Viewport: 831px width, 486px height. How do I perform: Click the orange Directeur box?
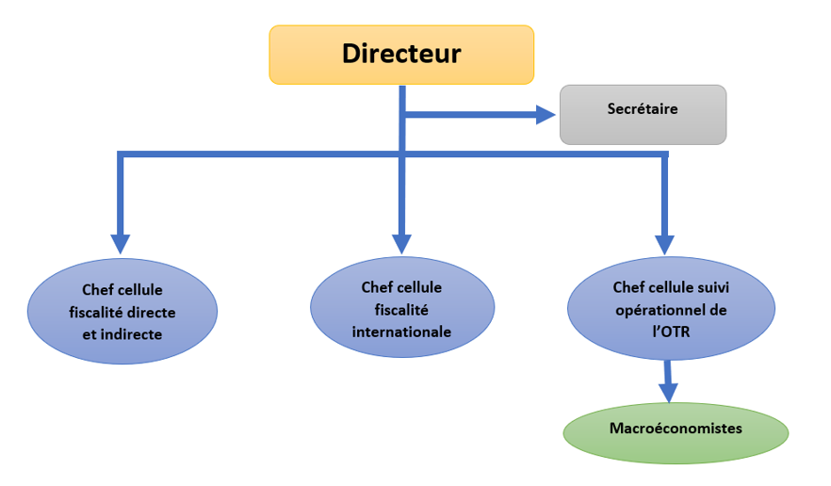coord(401,55)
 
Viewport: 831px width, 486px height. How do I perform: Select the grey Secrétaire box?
coord(643,114)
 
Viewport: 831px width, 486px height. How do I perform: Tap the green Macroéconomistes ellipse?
coord(676,434)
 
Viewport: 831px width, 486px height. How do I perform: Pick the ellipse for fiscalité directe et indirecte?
coord(122,310)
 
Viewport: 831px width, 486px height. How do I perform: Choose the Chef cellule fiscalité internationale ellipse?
coord(401,308)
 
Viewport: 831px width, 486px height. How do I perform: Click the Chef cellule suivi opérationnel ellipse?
coord(670,308)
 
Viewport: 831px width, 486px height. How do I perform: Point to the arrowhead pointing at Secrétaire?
coord(546,115)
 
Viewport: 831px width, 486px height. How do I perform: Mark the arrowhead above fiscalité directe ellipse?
coord(121,244)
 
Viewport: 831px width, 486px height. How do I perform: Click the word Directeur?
coord(401,53)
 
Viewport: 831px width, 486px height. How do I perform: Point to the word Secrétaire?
coord(643,108)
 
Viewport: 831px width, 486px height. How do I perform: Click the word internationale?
coord(401,332)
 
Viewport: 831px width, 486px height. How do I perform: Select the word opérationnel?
coord(670,309)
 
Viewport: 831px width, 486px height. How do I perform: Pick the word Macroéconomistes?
coord(676,429)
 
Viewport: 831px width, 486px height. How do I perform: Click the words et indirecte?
coord(122,333)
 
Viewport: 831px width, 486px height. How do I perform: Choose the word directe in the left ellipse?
coord(153,312)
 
